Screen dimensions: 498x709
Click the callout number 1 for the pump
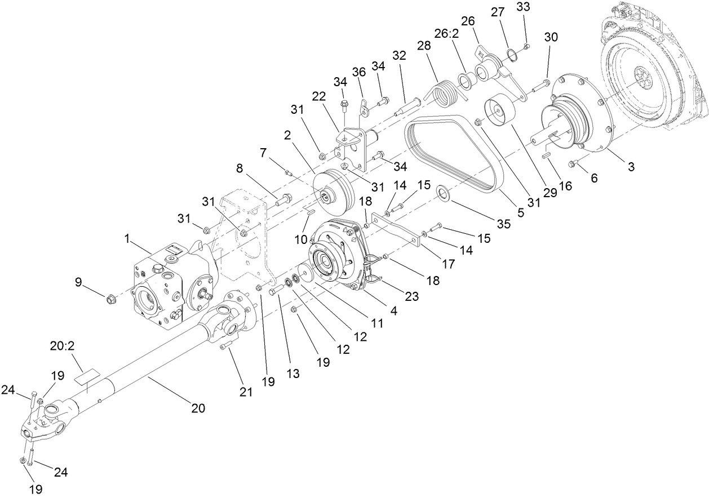click(x=128, y=239)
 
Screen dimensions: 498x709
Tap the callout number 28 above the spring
click(x=423, y=45)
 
